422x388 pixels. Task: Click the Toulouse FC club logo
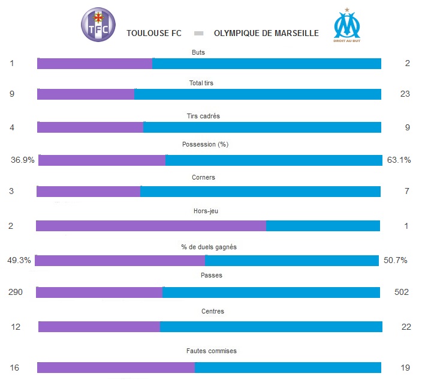[x=98, y=25]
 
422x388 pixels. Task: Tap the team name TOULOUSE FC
[x=154, y=33]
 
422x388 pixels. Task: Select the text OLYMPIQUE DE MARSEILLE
[x=266, y=33]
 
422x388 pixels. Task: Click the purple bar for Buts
[x=95, y=64]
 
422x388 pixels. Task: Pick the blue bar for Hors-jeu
[x=322, y=226]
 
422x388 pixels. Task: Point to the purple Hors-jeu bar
[x=150, y=226]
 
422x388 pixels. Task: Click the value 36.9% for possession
[x=23, y=160]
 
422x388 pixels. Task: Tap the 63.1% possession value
[x=399, y=160]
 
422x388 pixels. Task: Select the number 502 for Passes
[x=401, y=293]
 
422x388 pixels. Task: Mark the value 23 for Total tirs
[x=405, y=94]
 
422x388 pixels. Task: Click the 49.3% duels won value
[x=19, y=261]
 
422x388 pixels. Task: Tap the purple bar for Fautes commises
[x=116, y=368]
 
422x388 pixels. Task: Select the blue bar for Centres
[x=271, y=327]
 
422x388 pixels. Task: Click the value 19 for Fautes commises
[x=405, y=368]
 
